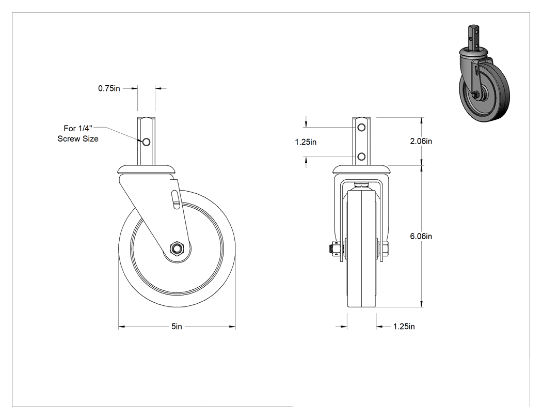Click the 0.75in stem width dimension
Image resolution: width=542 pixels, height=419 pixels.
[x=109, y=88]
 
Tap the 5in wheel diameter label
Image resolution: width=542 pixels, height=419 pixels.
[x=177, y=327]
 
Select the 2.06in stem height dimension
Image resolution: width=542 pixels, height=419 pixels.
[x=421, y=141]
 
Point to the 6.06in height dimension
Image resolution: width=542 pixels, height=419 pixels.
[x=421, y=236]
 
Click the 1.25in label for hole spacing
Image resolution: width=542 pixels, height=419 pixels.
[x=306, y=142]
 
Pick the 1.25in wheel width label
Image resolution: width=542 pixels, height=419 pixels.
[x=404, y=327]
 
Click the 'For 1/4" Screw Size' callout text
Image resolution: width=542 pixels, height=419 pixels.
[x=78, y=134]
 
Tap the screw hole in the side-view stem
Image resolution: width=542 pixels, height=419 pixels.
[x=146, y=142]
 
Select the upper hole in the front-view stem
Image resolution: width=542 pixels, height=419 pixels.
[x=361, y=128]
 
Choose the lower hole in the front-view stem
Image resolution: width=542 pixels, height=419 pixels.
[x=361, y=157]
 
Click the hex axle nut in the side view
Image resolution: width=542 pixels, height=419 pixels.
[x=177, y=248]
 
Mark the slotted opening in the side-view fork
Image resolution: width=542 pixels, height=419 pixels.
[x=176, y=199]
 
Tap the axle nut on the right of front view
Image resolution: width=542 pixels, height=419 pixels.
[x=385, y=249]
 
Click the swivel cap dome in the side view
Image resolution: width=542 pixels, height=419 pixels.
[x=146, y=169]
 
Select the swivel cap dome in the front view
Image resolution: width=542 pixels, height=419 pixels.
[x=361, y=169]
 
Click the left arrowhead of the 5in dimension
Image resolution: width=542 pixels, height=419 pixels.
[x=122, y=327]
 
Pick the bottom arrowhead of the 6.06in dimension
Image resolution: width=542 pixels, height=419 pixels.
[x=421, y=304]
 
